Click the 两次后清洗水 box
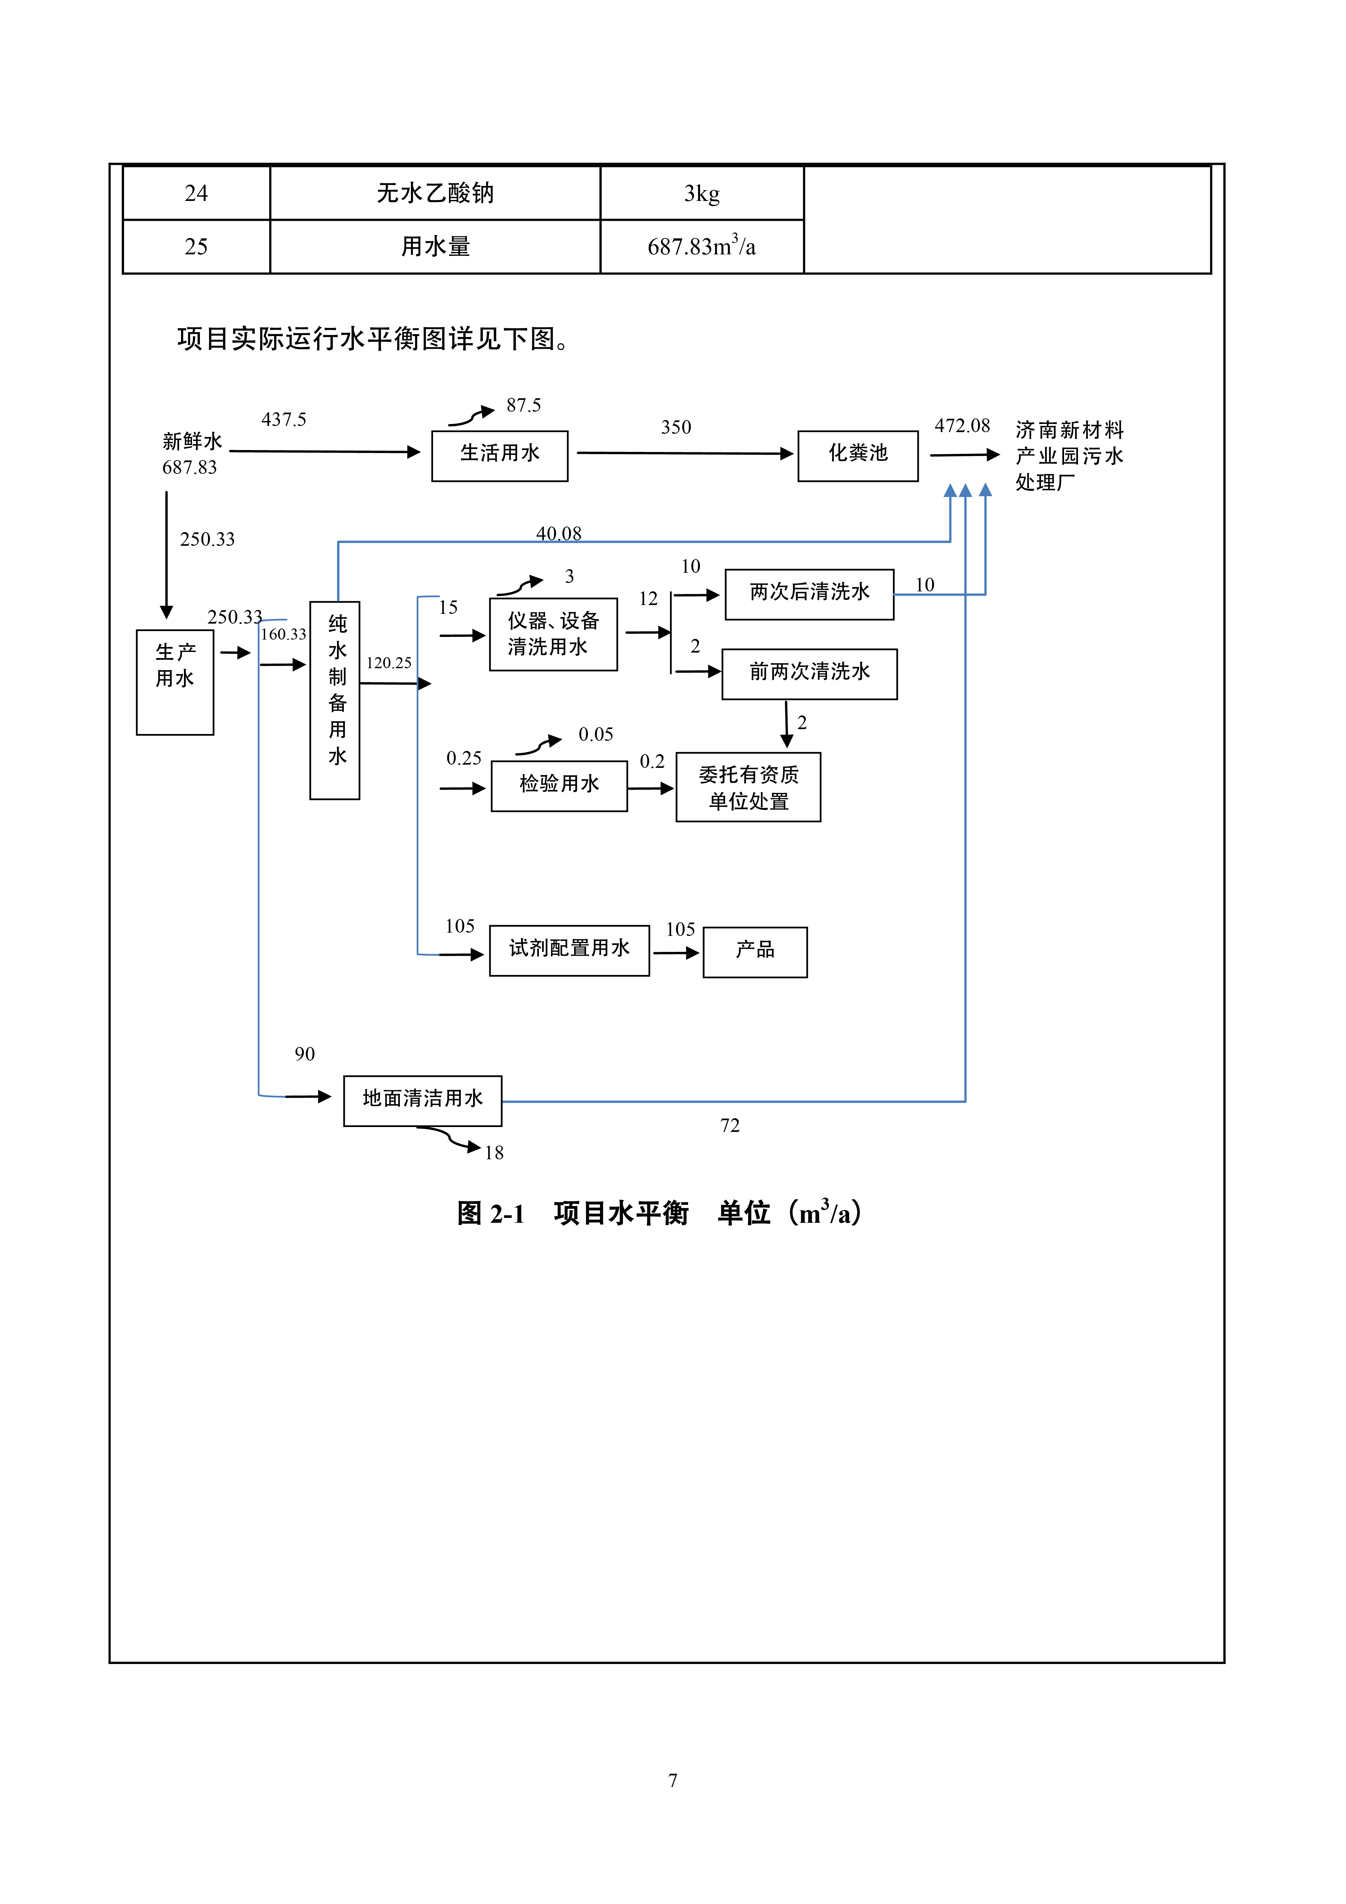click(809, 594)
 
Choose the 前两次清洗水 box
click(809, 673)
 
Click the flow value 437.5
click(284, 420)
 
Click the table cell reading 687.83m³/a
click(702, 246)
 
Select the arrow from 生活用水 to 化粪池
click(684, 454)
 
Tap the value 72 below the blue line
click(730, 1125)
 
